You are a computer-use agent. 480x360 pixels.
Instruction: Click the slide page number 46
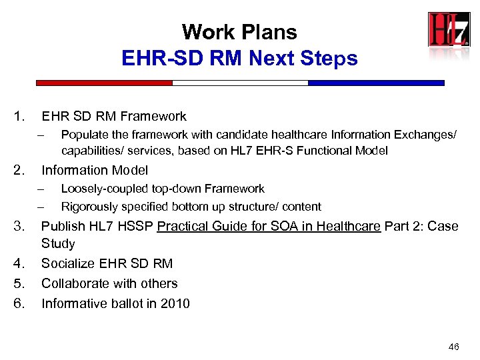pyautogui.click(x=454, y=347)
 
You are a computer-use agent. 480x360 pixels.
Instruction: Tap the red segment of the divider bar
pyautogui.click(x=104, y=83)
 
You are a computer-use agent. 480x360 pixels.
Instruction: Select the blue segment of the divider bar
pyautogui.click(x=375, y=83)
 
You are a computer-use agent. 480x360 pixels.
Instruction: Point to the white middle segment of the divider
pyautogui.click(x=240, y=83)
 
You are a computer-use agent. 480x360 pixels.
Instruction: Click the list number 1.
pyautogui.click(x=19, y=117)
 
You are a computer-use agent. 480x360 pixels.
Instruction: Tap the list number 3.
pyautogui.click(x=19, y=226)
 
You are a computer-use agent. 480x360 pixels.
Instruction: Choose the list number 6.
pyautogui.click(x=19, y=303)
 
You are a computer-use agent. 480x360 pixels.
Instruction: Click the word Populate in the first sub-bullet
pyautogui.click(x=84, y=135)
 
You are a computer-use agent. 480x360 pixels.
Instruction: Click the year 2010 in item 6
pyautogui.click(x=175, y=303)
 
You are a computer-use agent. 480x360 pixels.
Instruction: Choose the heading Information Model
pyautogui.click(x=95, y=170)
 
